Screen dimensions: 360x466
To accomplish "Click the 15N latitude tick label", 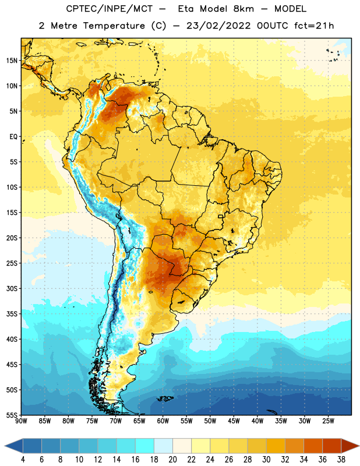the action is [x=12, y=61].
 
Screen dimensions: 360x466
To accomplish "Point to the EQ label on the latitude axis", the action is [x=13, y=137].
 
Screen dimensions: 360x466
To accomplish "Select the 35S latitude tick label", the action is [x=12, y=314].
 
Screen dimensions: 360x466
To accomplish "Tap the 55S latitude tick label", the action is [x=12, y=415].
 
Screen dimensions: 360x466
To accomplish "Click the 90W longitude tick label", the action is [x=21, y=421].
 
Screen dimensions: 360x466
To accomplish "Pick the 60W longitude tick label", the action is [x=163, y=421].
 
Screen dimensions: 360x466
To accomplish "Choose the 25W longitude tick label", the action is [x=328, y=421].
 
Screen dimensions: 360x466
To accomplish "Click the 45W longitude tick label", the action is [x=234, y=421].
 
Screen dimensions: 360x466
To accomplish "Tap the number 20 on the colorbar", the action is [x=172, y=460].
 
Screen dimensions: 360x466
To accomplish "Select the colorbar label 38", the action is [x=341, y=460].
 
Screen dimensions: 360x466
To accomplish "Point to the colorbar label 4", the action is [x=23, y=460].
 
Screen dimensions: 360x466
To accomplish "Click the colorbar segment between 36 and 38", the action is [x=332, y=446].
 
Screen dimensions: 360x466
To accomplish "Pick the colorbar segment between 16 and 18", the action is [x=145, y=446].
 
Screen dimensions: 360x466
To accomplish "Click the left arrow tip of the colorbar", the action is [x=5, y=446].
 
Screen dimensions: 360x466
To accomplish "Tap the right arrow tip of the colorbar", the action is [x=359, y=446].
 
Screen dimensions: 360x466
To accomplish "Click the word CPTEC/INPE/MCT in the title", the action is [x=109, y=9].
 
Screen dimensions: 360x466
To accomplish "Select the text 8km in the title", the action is [x=243, y=9].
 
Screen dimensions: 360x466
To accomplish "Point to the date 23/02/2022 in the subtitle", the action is [x=218, y=26].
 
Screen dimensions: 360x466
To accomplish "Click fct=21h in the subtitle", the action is [x=314, y=26].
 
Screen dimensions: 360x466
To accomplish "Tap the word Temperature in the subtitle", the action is [x=114, y=26].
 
